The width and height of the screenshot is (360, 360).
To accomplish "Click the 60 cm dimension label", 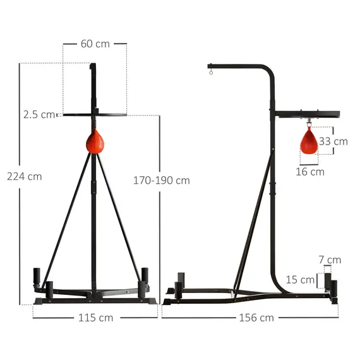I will tap(95, 44).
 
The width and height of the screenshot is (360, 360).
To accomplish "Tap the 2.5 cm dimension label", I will tap(39, 114).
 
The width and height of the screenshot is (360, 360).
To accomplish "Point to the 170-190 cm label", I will tap(161, 180).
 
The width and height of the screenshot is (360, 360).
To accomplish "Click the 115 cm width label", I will tap(95, 318).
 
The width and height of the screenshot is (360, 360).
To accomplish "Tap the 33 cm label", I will tap(333, 141).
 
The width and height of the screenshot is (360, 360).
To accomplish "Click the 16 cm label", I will tap(309, 171).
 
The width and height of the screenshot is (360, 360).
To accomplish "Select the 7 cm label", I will tap(330, 260).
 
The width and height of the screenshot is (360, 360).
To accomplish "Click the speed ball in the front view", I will tap(95, 141).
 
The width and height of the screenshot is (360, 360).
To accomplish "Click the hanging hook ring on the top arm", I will tap(212, 76).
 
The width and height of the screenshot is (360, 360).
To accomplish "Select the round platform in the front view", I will tap(95, 115).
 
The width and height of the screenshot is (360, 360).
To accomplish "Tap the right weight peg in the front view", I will tap(145, 276).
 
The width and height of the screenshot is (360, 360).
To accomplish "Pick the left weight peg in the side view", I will tap(180, 280).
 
